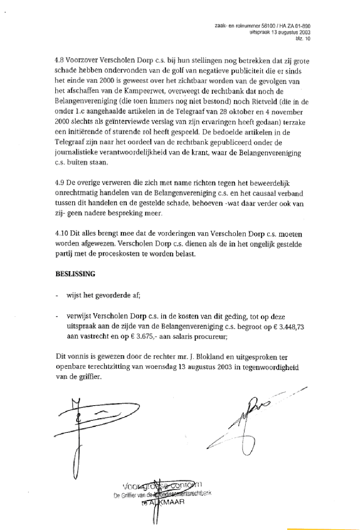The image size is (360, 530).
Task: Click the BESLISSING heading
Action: click(x=75, y=274)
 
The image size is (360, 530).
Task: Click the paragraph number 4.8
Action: click(x=59, y=61)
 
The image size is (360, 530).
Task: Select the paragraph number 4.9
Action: click(x=59, y=183)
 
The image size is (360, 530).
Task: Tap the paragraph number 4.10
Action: click(x=61, y=234)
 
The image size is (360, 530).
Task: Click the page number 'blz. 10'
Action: click(x=302, y=39)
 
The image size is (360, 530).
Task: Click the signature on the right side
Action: click(x=248, y=424)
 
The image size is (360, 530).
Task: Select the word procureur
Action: click(x=211, y=337)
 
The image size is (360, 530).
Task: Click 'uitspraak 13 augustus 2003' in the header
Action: click(x=280, y=32)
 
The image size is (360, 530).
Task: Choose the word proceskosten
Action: click(x=120, y=254)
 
